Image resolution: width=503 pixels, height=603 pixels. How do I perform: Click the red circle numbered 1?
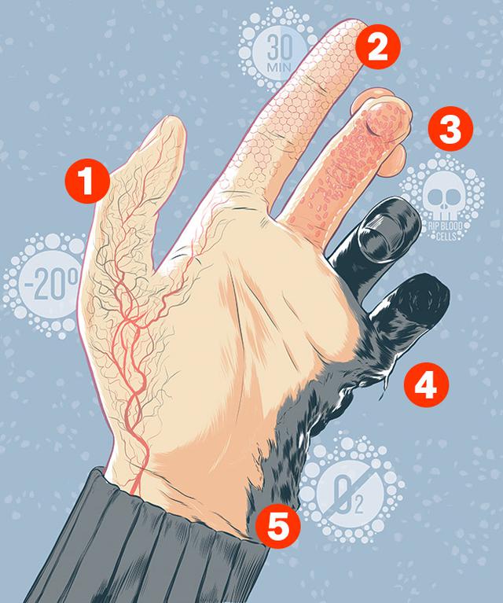pos(87,181)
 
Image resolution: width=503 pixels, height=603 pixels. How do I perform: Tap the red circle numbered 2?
pos(377,46)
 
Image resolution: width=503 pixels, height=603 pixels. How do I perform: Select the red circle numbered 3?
pos(450,128)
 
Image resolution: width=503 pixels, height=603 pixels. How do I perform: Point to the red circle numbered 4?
pos(426,384)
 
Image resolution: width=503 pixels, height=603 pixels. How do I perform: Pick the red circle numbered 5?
pos(278,524)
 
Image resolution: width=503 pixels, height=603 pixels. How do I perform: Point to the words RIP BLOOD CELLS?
pos(446,230)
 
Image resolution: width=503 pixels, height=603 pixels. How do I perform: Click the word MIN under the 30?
pos(279,67)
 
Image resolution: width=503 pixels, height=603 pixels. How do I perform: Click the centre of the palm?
pos(246,346)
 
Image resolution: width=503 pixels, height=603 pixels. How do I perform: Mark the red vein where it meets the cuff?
pos(134,492)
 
